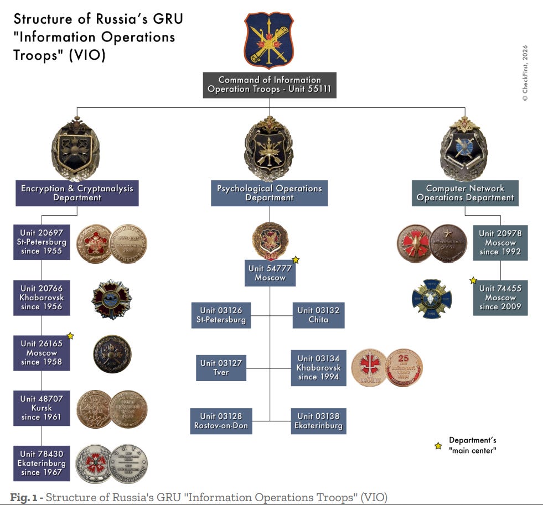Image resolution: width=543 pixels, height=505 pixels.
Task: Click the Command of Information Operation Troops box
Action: pos(270,85)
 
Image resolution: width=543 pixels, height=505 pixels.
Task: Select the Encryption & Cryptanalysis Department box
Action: pos(77,193)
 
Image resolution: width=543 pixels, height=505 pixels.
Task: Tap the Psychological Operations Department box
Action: pos(270,193)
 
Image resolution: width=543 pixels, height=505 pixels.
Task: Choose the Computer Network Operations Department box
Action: pos(465,193)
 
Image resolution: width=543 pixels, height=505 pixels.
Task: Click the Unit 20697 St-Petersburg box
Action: pos(43,242)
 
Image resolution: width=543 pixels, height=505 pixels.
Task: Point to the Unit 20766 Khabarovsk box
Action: pos(42,298)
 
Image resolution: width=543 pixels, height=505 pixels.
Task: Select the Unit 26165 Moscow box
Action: pos(42,353)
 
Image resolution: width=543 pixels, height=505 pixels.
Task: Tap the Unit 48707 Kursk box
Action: pos(42,408)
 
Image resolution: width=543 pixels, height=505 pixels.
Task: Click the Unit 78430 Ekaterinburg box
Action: pos(43,464)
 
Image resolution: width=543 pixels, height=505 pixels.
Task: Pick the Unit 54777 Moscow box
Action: pos(270,273)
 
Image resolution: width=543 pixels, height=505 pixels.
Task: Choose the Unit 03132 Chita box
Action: pos(318,315)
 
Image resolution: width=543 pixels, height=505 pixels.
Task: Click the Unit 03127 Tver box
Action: pos(221,368)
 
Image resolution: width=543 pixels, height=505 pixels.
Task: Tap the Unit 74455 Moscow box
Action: pos(500,298)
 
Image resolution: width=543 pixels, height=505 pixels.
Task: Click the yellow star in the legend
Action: pos(438,446)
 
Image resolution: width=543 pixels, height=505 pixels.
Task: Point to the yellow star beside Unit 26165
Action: pos(70,336)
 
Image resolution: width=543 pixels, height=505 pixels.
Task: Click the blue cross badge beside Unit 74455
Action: pos(432,299)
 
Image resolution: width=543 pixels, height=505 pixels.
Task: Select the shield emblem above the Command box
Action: pos(270,40)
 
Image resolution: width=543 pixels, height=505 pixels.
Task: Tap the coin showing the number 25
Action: pos(404,367)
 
